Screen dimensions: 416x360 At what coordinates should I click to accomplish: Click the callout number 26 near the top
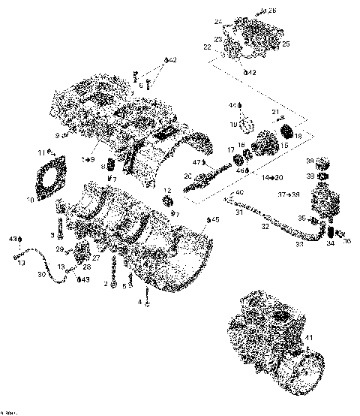click(272, 10)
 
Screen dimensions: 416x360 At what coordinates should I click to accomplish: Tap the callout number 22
click(208, 47)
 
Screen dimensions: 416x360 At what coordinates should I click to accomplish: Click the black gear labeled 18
click(286, 135)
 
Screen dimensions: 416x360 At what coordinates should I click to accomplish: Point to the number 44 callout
click(232, 104)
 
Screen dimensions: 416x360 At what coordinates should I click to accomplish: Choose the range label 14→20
click(272, 177)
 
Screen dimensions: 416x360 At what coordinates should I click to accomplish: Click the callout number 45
click(215, 219)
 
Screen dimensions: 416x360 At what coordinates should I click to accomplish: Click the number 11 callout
click(40, 153)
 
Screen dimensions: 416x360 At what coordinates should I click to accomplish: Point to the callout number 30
click(41, 275)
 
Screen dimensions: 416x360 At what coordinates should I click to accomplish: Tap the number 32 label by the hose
click(264, 226)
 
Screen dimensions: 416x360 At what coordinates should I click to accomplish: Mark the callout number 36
click(346, 241)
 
